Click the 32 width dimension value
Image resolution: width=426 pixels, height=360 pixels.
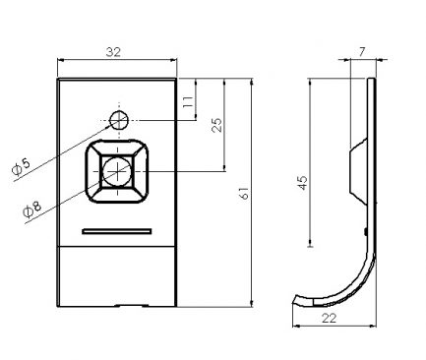coord(113,52)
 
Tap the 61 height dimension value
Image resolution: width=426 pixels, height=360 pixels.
coord(244,194)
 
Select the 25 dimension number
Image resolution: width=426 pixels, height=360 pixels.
coord(216,125)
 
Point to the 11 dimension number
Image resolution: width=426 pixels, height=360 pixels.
coord(188,102)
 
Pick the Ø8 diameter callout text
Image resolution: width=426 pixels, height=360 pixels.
coord(32,210)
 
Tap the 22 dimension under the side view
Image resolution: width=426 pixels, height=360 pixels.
coord(329,318)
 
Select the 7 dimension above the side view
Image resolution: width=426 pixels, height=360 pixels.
coord(361,52)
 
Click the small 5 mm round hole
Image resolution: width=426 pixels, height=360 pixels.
coord(119,120)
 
